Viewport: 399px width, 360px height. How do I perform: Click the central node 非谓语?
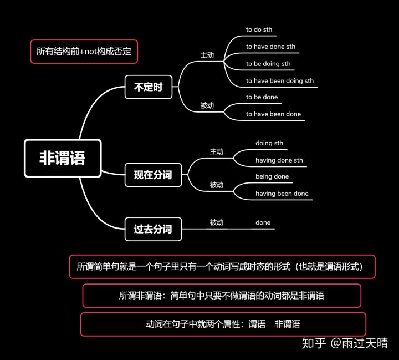click(63, 158)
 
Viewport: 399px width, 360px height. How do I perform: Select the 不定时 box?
click(149, 87)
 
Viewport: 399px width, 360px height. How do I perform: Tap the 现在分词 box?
click(153, 175)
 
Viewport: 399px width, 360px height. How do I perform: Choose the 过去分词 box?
click(153, 229)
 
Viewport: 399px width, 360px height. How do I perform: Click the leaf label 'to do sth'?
click(259, 29)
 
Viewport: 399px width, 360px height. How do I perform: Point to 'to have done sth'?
click(271, 47)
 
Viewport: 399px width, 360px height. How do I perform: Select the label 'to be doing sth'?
click(268, 64)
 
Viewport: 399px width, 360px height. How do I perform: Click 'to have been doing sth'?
click(280, 81)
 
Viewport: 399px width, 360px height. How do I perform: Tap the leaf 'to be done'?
click(262, 97)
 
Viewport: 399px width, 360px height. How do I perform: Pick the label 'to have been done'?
click(273, 114)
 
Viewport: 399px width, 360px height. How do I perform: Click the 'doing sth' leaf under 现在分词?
click(269, 143)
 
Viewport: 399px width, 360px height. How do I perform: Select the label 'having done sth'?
click(279, 160)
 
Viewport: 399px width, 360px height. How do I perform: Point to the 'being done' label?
click(272, 176)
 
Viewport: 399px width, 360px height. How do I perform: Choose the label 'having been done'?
click(282, 194)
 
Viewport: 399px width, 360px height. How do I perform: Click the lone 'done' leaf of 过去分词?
click(263, 222)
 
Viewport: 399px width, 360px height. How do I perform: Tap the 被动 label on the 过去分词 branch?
click(217, 222)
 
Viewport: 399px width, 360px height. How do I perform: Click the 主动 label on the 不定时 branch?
click(207, 55)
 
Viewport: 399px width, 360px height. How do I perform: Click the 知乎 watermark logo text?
click(314, 343)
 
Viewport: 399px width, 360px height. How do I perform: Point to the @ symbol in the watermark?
click(336, 343)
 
